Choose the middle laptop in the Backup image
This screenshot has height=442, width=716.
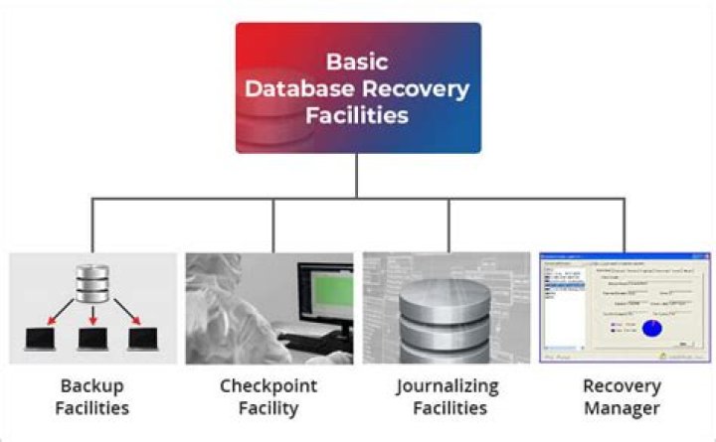point(92,338)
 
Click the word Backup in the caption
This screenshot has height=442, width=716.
point(92,386)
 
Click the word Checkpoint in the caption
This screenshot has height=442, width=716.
point(269,386)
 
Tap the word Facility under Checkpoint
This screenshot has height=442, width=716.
point(269,408)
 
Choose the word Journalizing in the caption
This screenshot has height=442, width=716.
point(447,386)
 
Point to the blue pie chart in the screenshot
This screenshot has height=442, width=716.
point(653,326)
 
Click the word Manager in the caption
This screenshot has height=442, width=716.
point(625,408)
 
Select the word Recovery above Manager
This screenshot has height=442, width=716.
point(625,386)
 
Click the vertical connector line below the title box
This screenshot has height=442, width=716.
point(357,175)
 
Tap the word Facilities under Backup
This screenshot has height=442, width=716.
point(92,408)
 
